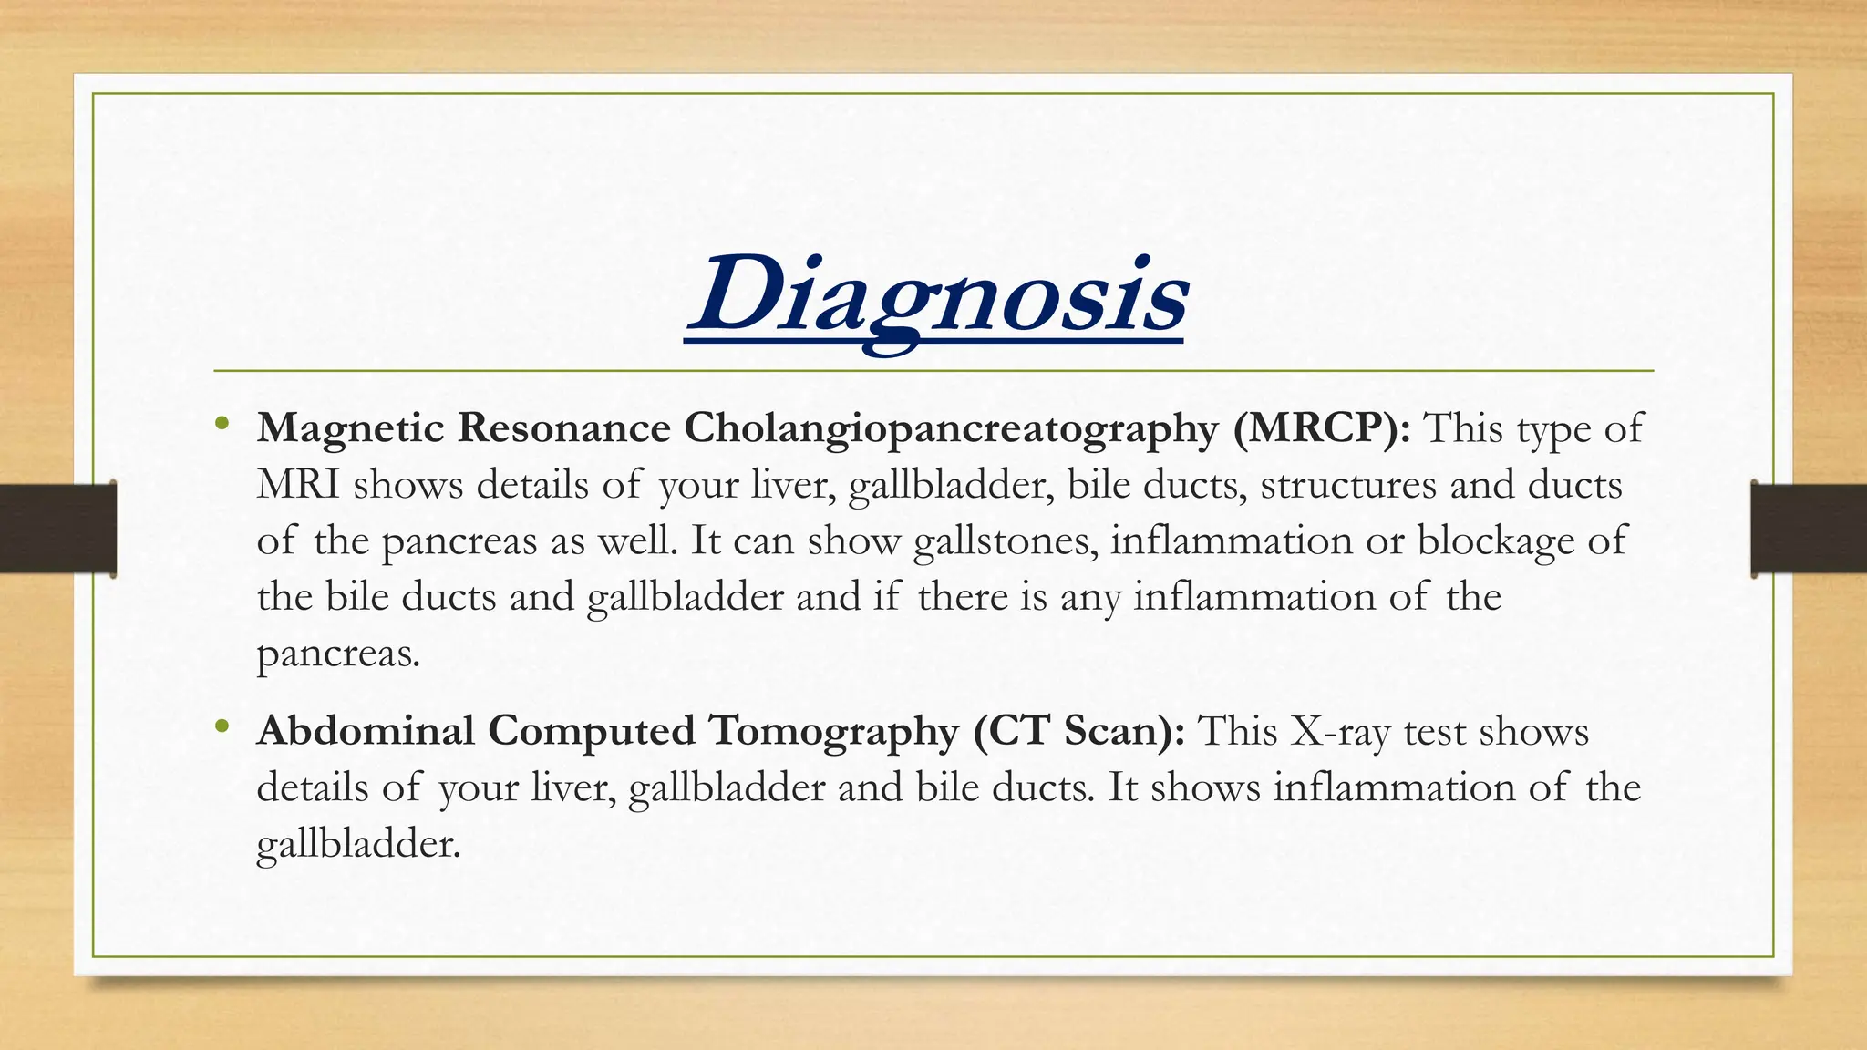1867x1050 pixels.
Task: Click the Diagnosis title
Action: [935, 296]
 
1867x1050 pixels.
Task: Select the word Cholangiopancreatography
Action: [951, 428]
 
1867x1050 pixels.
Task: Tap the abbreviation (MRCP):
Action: [1322, 428]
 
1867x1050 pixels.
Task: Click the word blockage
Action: [1495, 541]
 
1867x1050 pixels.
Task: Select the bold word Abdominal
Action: [366, 731]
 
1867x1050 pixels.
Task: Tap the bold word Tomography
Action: [833, 732]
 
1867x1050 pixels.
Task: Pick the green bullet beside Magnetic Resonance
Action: [222, 424]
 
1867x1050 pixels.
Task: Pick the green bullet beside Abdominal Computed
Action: [222, 726]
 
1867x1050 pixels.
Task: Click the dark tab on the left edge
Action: [57, 529]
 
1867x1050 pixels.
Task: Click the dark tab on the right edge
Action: [1809, 529]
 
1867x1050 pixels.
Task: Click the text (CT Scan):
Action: [1078, 732]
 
